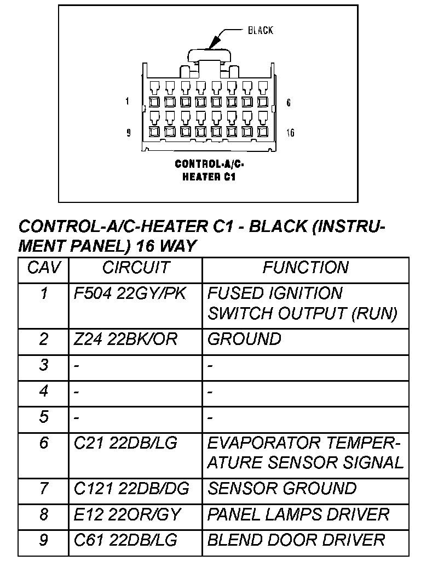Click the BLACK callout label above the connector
click(x=260, y=30)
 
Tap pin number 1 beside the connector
click(x=127, y=101)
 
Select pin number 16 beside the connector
click(x=290, y=133)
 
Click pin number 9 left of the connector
click(x=129, y=133)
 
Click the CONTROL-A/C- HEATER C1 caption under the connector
click(x=209, y=170)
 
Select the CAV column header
click(x=44, y=268)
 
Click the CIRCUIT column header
click(x=135, y=268)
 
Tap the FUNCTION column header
click(x=305, y=268)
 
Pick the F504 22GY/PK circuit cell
click(x=130, y=294)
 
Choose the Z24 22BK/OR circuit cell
click(x=125, y=339)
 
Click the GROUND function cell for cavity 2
click(x=244, y=339)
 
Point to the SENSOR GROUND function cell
click(x=282, y=488)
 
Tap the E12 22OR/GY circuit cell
click(x=127, y=514)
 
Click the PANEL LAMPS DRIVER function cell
click(x=298, y=514)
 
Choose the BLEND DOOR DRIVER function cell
click(x=296, y=540)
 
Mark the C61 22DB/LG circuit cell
click(x=125, y=540)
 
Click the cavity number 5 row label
click(x=44, y=417)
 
